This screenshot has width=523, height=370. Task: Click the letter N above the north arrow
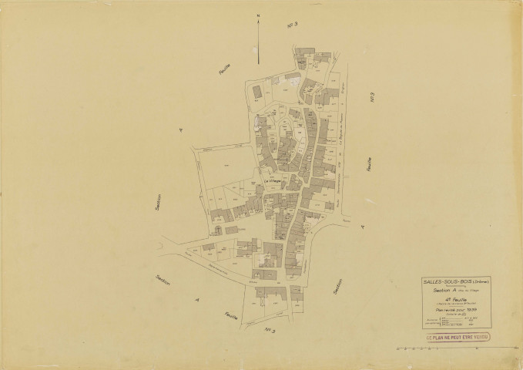(x=259, y=15)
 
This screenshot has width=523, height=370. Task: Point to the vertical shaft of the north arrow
(x=259, y=35)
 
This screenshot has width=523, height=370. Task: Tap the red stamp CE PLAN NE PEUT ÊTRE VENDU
(x=458, y=337)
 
